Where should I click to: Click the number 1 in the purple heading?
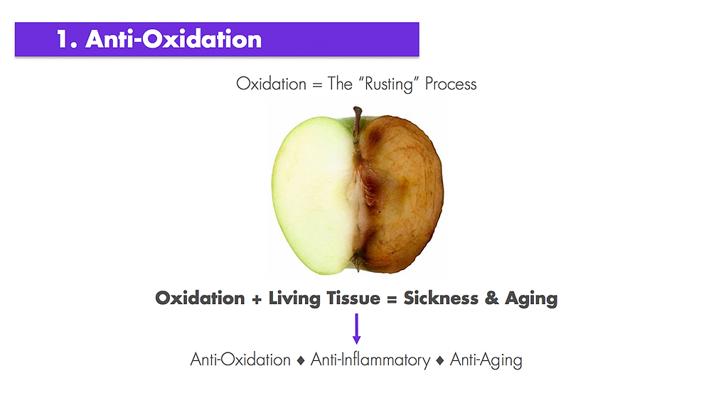click(63, 39)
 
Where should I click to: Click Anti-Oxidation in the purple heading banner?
click(173, 39)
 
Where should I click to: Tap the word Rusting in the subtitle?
click(389, 85)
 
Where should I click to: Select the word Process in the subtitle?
click(450, 84)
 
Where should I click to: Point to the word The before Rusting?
click(340, 84)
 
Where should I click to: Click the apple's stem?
click(358, 123)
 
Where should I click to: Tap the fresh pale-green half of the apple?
click(314, 195)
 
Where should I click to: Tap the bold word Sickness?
click(441, 298)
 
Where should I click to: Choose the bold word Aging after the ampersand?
click(531, 299)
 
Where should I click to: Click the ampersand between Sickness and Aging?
click(491, 298)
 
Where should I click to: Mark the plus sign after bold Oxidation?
click(257, 299)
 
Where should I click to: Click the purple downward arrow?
click(356, 328)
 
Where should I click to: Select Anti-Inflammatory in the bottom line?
click(370, 360)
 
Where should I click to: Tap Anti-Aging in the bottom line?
click(486, 360)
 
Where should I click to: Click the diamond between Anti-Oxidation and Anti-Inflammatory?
click(300, 361)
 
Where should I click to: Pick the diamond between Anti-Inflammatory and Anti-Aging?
click(439, 361)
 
